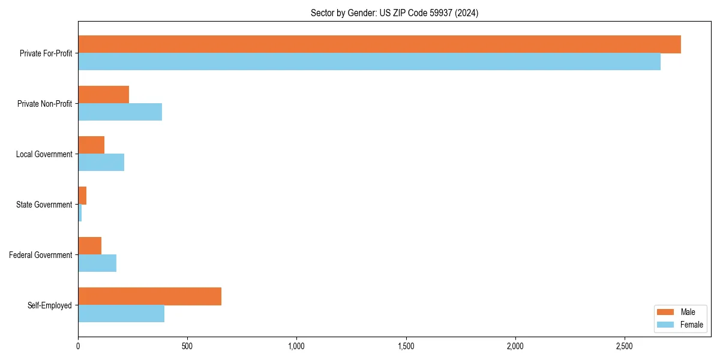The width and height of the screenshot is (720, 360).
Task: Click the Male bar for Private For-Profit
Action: [379, 44]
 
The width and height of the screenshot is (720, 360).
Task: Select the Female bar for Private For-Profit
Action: [369, 62]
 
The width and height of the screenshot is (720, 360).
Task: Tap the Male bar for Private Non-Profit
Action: [103, 95]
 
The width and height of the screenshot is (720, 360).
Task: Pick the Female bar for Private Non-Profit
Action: [120, 112]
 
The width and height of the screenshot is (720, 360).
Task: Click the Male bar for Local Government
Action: [91, 145]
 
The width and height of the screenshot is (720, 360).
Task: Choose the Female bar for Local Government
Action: [101, 163]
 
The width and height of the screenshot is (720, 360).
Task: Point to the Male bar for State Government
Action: [82, 196]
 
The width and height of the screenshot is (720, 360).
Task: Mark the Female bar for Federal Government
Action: [97, 263]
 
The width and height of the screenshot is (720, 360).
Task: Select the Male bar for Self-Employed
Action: [149, 296]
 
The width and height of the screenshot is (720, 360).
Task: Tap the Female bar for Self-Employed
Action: [121, 314]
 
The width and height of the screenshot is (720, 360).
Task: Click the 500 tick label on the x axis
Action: [187, 347]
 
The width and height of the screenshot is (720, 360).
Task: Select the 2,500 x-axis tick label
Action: [625, 347]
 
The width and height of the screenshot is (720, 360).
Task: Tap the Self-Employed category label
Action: [49, 305]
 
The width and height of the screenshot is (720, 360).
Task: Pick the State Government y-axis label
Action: [44, 205]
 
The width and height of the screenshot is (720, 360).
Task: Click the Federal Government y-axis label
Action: [40, 255]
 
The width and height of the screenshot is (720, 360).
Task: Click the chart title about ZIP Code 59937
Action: [394, 13]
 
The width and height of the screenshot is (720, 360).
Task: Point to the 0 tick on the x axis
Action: [78, 347]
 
